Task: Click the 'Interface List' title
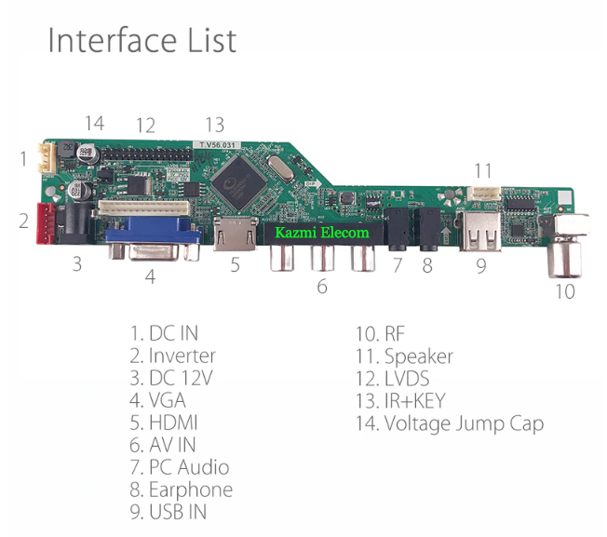(142, 39)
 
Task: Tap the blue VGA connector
(153, 240)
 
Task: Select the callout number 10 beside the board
(565, 291)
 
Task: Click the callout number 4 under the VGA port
(150, 276)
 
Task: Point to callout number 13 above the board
(215, 124)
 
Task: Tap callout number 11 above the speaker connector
(482, 171)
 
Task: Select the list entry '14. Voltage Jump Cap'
(450, 423)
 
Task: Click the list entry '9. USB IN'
(169, 512)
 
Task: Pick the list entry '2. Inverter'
(173, 356)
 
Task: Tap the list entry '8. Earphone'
(182, 490)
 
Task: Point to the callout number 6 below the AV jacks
(322, 287)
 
